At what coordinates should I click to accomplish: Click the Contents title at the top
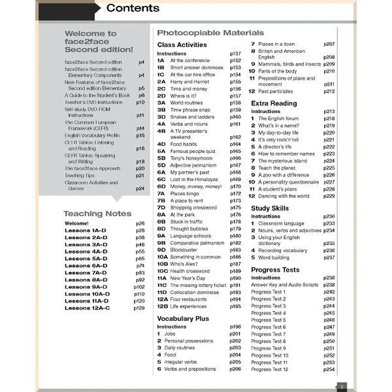pyautogui.click(x=132, y=8)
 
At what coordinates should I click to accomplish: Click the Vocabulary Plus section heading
pyautogui.click(x=183, y=318)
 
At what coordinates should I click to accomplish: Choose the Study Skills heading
pyautogui.click(x=271, y=208)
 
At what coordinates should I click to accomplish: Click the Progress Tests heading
pyautogui.click(x=275, y=269)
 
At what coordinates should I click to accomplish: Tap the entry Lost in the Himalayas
pyautogui.click(x=196, y=179)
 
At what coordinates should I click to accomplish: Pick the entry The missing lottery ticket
pyautogui.click(x=198, y=285)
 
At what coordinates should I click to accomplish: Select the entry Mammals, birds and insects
pyautogui.click(x=289, y=64)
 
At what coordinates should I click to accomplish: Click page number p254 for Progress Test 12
pyautogui.click(x=329, y=370)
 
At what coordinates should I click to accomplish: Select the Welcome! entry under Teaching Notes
pyautogui.click(x=76, y=223)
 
